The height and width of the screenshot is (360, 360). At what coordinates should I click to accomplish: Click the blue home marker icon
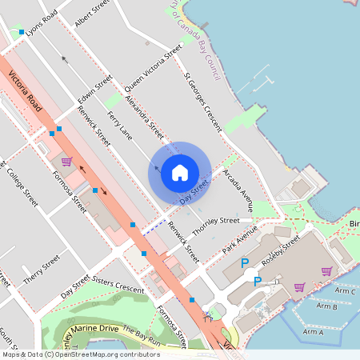(180, 173)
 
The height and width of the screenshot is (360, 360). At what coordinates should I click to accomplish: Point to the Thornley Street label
(215, 221)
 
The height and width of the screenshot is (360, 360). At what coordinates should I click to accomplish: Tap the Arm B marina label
(326, 306)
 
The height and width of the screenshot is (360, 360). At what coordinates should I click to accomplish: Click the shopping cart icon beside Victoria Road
(66, 161)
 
